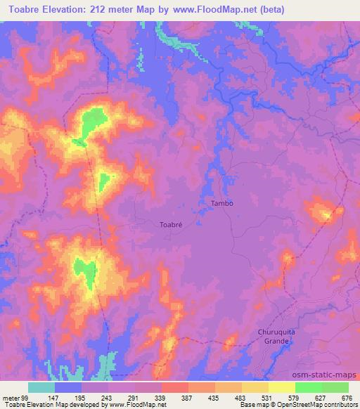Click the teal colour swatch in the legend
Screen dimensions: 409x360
click(x=41, y=387)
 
